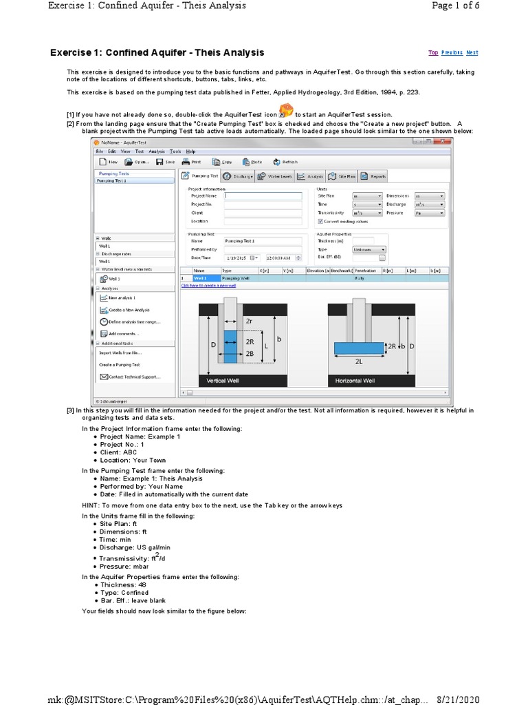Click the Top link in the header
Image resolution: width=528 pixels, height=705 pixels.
[433, 52]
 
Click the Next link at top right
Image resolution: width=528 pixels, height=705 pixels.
[472, 52]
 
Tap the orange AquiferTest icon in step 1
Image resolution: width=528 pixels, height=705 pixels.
[287, 112]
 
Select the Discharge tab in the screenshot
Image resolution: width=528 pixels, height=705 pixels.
[238, 176]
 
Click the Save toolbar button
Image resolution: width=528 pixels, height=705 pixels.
[164, 162]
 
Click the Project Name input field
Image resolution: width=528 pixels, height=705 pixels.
[263, 196]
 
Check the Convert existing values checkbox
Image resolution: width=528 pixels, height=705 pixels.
[320, 222]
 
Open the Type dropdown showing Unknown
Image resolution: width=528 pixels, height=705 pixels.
[368, 249]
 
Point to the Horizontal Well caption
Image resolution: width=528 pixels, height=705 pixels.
[355, 380]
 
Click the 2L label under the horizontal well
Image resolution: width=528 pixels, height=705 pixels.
[359, 360]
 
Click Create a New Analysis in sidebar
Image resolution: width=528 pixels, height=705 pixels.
[129, 310]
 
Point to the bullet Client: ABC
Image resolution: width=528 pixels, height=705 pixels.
[118, 452]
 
